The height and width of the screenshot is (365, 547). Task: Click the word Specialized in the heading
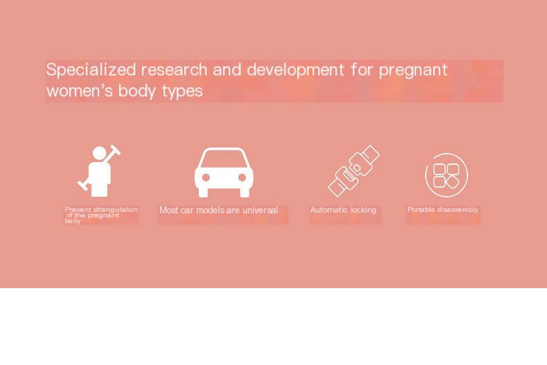point(91,70)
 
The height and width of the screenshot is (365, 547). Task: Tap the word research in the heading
point(174,70)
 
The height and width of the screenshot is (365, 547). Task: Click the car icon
point(223,173)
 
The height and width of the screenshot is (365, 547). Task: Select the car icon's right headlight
point(242,178)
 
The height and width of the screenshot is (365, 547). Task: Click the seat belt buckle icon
point(353,170)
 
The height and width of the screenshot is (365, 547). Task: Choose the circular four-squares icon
point(447,175)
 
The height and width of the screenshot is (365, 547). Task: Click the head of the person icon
point(100,153)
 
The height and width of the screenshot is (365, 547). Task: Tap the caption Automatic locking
point(343,210)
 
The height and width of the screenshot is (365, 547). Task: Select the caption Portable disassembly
point(442,210)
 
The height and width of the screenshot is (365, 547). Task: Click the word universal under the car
point(260,210)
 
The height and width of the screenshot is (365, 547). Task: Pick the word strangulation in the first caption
point(115,209)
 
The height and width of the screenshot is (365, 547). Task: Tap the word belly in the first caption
point(72,221)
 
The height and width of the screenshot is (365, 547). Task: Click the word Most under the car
point(168,210)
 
